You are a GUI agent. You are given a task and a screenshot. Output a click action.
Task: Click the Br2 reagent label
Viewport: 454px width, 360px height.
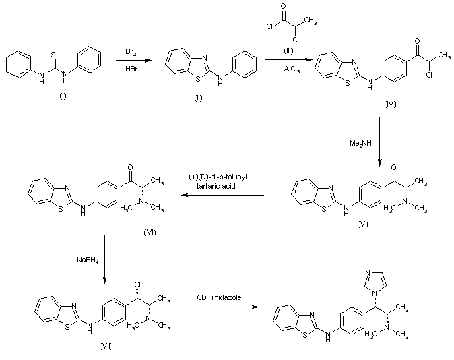(x=132, y=52)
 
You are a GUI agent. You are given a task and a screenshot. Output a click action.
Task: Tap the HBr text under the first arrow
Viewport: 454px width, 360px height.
(x=132, y=69)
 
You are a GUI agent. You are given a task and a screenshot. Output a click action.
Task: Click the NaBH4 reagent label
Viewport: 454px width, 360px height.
(x=88, y=258)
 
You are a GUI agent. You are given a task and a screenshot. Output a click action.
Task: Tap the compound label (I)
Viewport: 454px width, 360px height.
(x=63, y=96)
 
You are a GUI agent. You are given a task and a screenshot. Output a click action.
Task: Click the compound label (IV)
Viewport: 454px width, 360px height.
(x=391, y=105)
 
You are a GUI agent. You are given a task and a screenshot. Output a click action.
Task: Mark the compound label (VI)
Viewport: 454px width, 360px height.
(x=150, y=231)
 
